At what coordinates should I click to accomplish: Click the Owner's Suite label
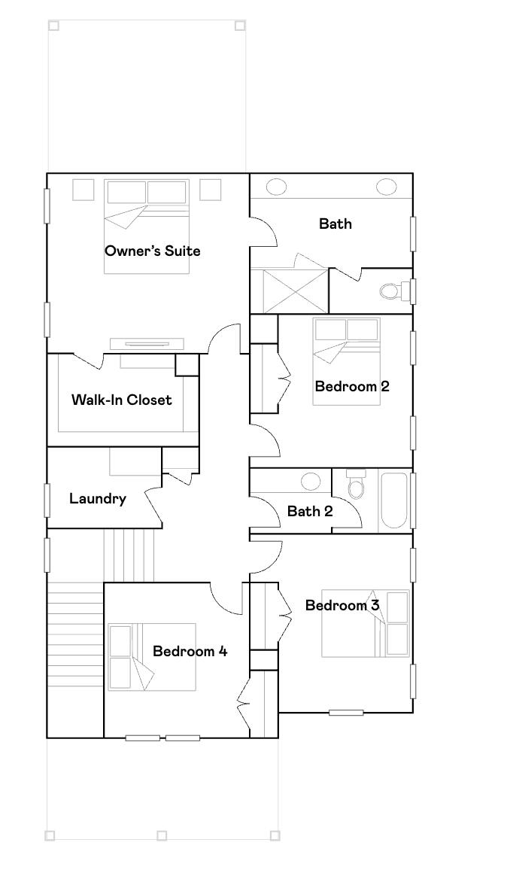click(x=153, y=251)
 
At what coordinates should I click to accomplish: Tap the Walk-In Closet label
click(x=122, y=400)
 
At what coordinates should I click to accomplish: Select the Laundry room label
click(x=98, y=498)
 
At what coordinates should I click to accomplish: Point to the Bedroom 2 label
click(x=352, y=386)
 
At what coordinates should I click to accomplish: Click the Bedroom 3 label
click(x=342, y=605)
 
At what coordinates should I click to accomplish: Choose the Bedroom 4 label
click(x=190, y=651)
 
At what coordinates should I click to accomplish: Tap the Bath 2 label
click(x=310, y=512)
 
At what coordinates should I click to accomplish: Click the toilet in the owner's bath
click(x=393, y=290)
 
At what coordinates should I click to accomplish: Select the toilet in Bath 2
click(x=357, y=487)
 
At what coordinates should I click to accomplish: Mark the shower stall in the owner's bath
click(x=290, y=290)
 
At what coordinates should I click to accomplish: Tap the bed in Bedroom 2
click(x=347, y=361)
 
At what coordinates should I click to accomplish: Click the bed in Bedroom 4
click(x=152, y=657)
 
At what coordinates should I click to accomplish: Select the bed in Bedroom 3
click(x=366, y=623)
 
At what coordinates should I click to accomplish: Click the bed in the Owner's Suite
click(x=147, y=226)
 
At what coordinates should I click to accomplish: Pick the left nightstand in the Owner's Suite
click(x=83, y=189)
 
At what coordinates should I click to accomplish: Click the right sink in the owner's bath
click(x=387, y=186)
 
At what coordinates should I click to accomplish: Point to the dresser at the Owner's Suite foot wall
click(x=147, y=344)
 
